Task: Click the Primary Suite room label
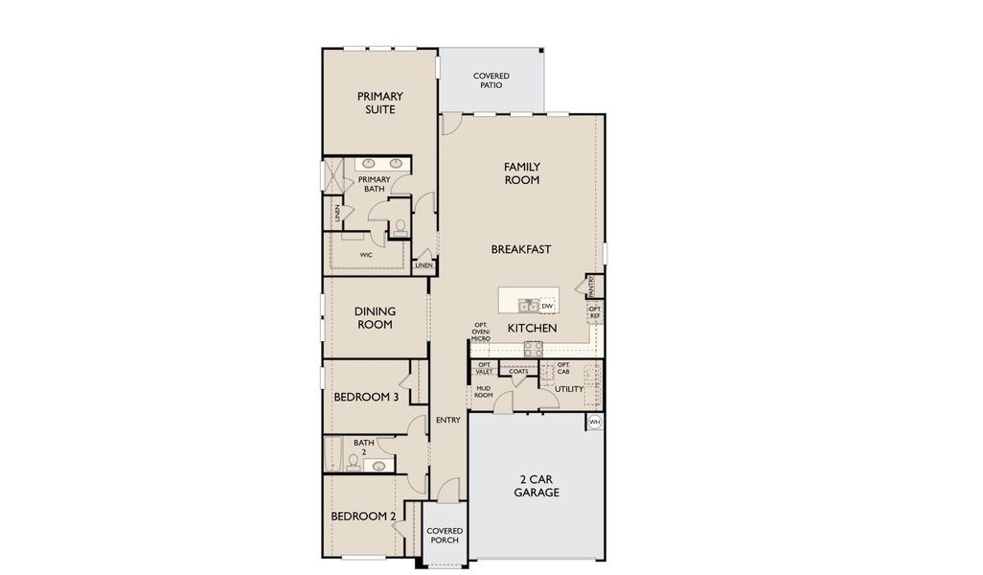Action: [379, 103]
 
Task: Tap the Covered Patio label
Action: [491, 80]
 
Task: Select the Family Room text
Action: [521, 173]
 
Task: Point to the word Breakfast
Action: [521, 249]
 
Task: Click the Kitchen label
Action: [532, 328]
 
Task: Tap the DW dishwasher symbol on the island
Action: [547, 306]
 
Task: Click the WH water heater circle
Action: [594, 422]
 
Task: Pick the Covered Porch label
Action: [445, 535]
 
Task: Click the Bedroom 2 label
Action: [363, 517]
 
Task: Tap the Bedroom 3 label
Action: [366, 397]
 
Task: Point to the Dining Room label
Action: [374, 317]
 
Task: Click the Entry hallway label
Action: [447, 420]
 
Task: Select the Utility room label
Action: [568, 389]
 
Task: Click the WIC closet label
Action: [366, 255]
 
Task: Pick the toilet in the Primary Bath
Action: [400, 227]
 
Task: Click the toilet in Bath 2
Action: [354, 463]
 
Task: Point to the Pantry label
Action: [592, 285]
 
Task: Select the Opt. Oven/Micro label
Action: [481, 332]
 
